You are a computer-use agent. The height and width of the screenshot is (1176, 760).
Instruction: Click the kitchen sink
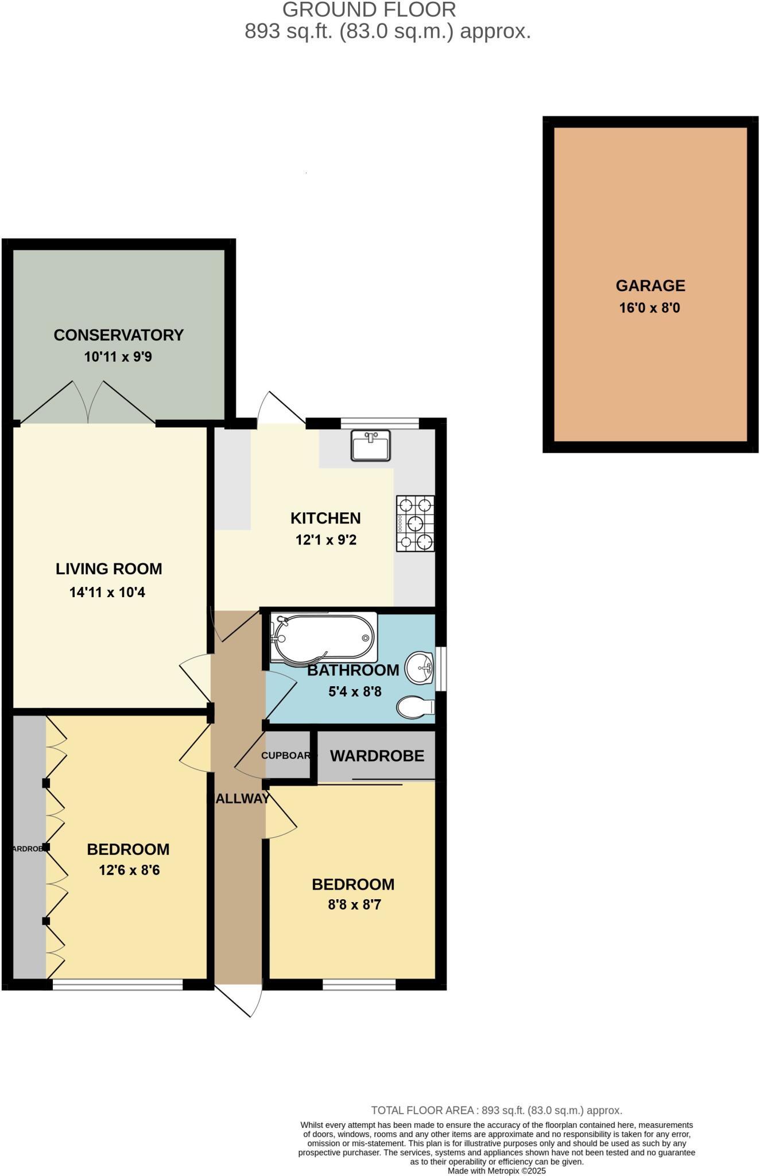[370, 445]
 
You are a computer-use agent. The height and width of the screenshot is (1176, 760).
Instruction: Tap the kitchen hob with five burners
[415, 523]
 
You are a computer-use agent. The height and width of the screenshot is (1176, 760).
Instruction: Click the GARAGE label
[650, 285]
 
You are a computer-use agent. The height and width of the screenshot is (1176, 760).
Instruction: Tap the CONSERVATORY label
[118, 335]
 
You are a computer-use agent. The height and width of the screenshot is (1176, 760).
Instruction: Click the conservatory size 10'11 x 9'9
[118, 357]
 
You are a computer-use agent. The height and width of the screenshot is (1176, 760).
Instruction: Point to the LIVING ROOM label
[108, 568]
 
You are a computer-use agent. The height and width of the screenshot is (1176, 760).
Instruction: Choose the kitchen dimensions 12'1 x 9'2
[326, 540]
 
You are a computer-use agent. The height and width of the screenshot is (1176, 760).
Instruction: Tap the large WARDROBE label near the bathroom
[377, 756]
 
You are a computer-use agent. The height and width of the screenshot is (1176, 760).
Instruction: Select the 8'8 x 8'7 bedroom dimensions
[354, 905]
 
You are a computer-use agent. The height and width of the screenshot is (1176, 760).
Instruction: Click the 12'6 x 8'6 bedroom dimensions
[129, 870]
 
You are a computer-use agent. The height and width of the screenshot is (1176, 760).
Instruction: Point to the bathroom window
[441, 669]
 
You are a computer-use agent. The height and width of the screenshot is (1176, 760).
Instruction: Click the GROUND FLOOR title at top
[369, 10]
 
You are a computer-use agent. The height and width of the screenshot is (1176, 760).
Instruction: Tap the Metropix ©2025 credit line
[497, 1170]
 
